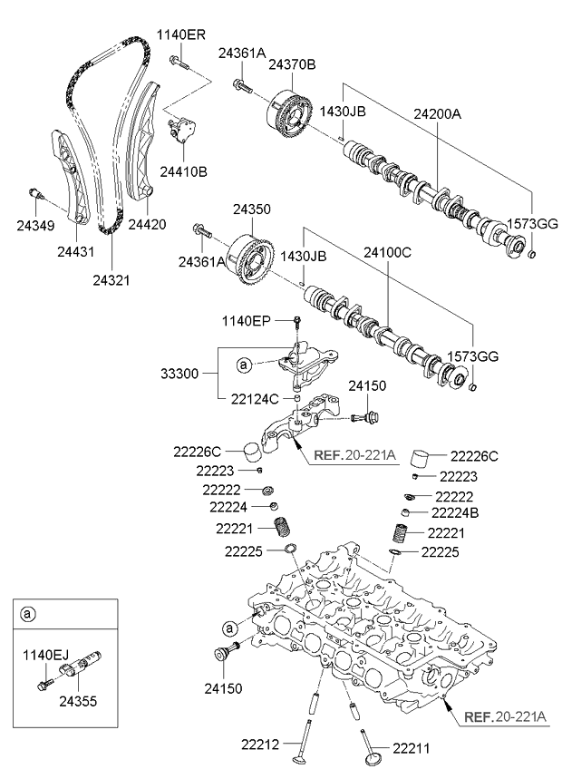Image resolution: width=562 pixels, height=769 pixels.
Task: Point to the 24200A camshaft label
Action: tap(438, 115)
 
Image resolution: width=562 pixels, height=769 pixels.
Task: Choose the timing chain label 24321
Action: tap(111, 280)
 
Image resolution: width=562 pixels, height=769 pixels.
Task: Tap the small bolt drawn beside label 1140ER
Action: tap(179, 63)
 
